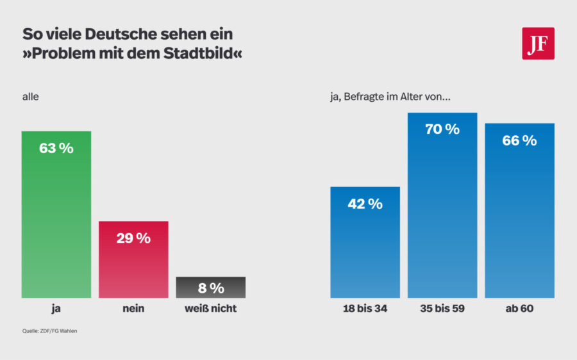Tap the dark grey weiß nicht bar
(210, 288)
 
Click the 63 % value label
(56, 149)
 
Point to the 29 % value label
(133, 238)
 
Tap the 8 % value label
(210, 288)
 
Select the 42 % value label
(365, 204)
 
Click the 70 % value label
(442, 129)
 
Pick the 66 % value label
(519, 141)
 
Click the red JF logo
(538, 44)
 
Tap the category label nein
(133, 309)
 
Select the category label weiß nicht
(210, 309)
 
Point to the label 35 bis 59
(442, 309)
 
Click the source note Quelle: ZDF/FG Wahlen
(49, 331)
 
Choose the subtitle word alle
(31, 97)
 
